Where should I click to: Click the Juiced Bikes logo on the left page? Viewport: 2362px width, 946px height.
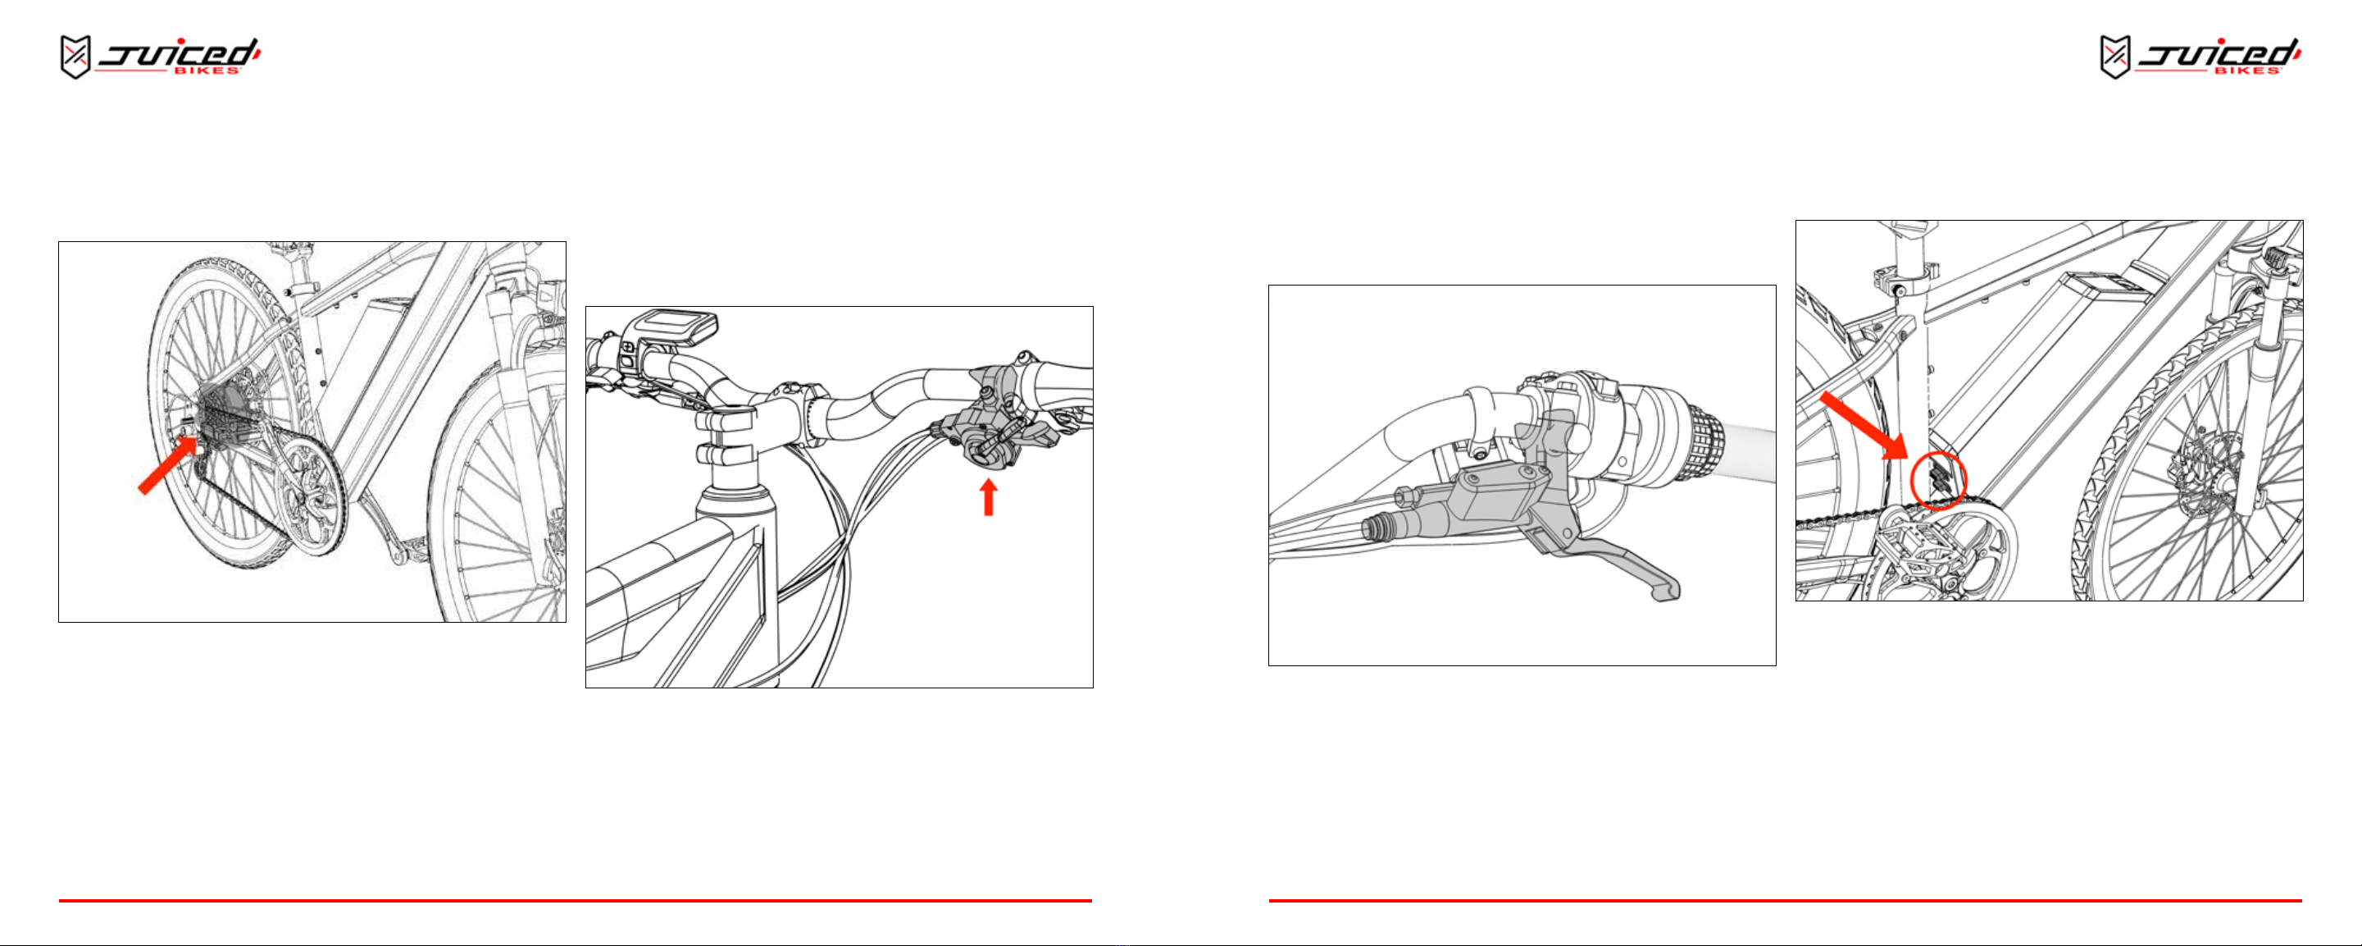coord(161,57)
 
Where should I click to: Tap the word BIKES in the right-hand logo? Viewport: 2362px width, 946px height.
coord(2246,71)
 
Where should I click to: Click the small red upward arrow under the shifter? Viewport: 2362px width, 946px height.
coord(988,497)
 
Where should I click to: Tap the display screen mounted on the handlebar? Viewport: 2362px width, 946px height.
coord(680,327)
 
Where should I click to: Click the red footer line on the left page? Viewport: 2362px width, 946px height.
coord(575,901)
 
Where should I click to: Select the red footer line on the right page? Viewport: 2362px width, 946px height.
coord(1786,901)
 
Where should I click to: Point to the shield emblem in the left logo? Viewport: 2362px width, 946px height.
coord(75,57)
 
